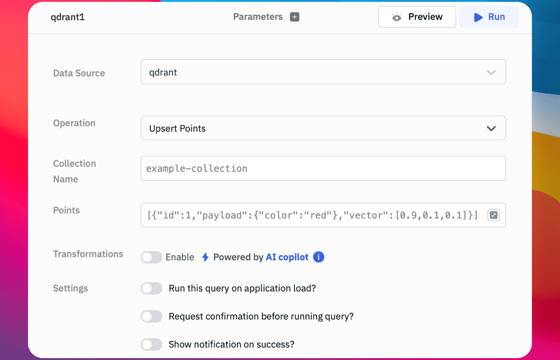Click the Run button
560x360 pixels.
(x=489, y=17)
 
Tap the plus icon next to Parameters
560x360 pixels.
(x=294, y=17)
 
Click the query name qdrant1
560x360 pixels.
(x=68, y=17)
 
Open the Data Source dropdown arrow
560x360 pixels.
(x=491, y=72)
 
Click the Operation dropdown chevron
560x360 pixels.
(x=491, y=128)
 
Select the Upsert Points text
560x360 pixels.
(x=177, y=128)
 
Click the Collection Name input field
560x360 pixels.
(x=323, y=168)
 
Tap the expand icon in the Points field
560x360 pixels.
(x=494, y=215)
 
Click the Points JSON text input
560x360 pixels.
(x=313, y=215)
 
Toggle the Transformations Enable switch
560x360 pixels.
(x=151, y=257)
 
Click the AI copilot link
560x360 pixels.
(x=287, y=257)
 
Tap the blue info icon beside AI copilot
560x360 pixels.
(x=318, y=257)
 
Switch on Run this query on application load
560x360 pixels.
(x=151, y=288)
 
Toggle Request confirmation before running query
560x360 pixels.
(x=151, y=316)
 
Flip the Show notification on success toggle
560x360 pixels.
(x=151, y=344)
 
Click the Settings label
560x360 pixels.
(x=70, y=288)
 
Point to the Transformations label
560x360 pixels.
(x=88, y=254)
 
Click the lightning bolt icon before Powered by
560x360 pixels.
(x=205, y=257)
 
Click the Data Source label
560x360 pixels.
(x=79, y=73)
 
